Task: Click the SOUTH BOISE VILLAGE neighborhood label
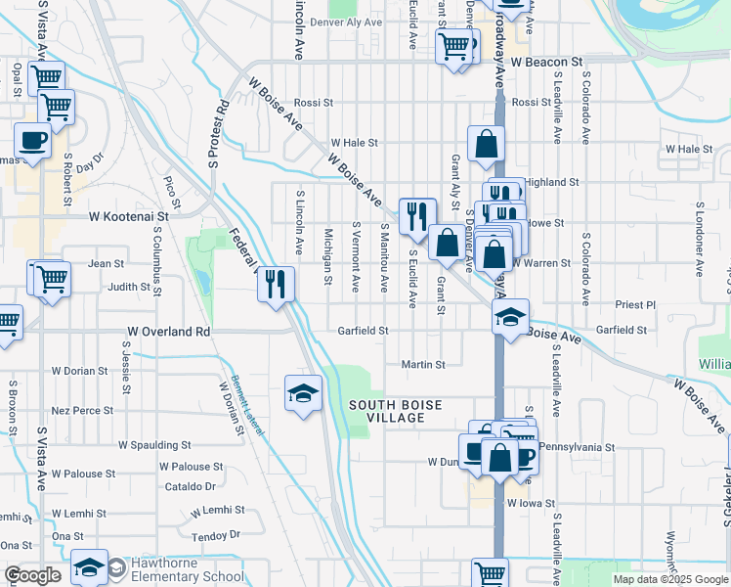coord(398,411)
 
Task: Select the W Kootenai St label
coord(129,215)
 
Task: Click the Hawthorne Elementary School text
coord(189,569)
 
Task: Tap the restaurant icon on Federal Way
coord(277,284)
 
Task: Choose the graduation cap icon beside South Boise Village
coord(303,393)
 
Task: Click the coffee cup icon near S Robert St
coord(32,140)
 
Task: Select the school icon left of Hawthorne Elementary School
coord(89,567)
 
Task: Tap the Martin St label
coord(423,365)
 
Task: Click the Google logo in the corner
coord(32,575)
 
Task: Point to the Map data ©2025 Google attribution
coord(669,579)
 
